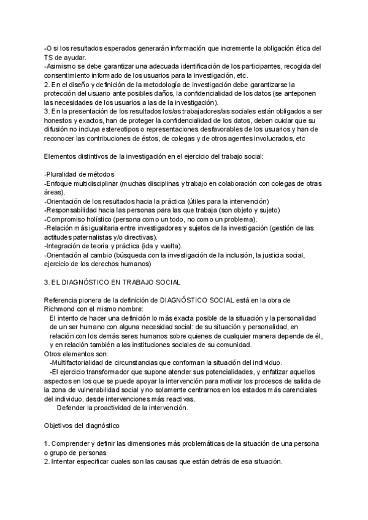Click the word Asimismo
coord(62,66)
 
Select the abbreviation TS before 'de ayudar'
coord(49,57)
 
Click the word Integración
coord(64,245)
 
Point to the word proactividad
coord(110,408)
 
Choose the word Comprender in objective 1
coord(71,443)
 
